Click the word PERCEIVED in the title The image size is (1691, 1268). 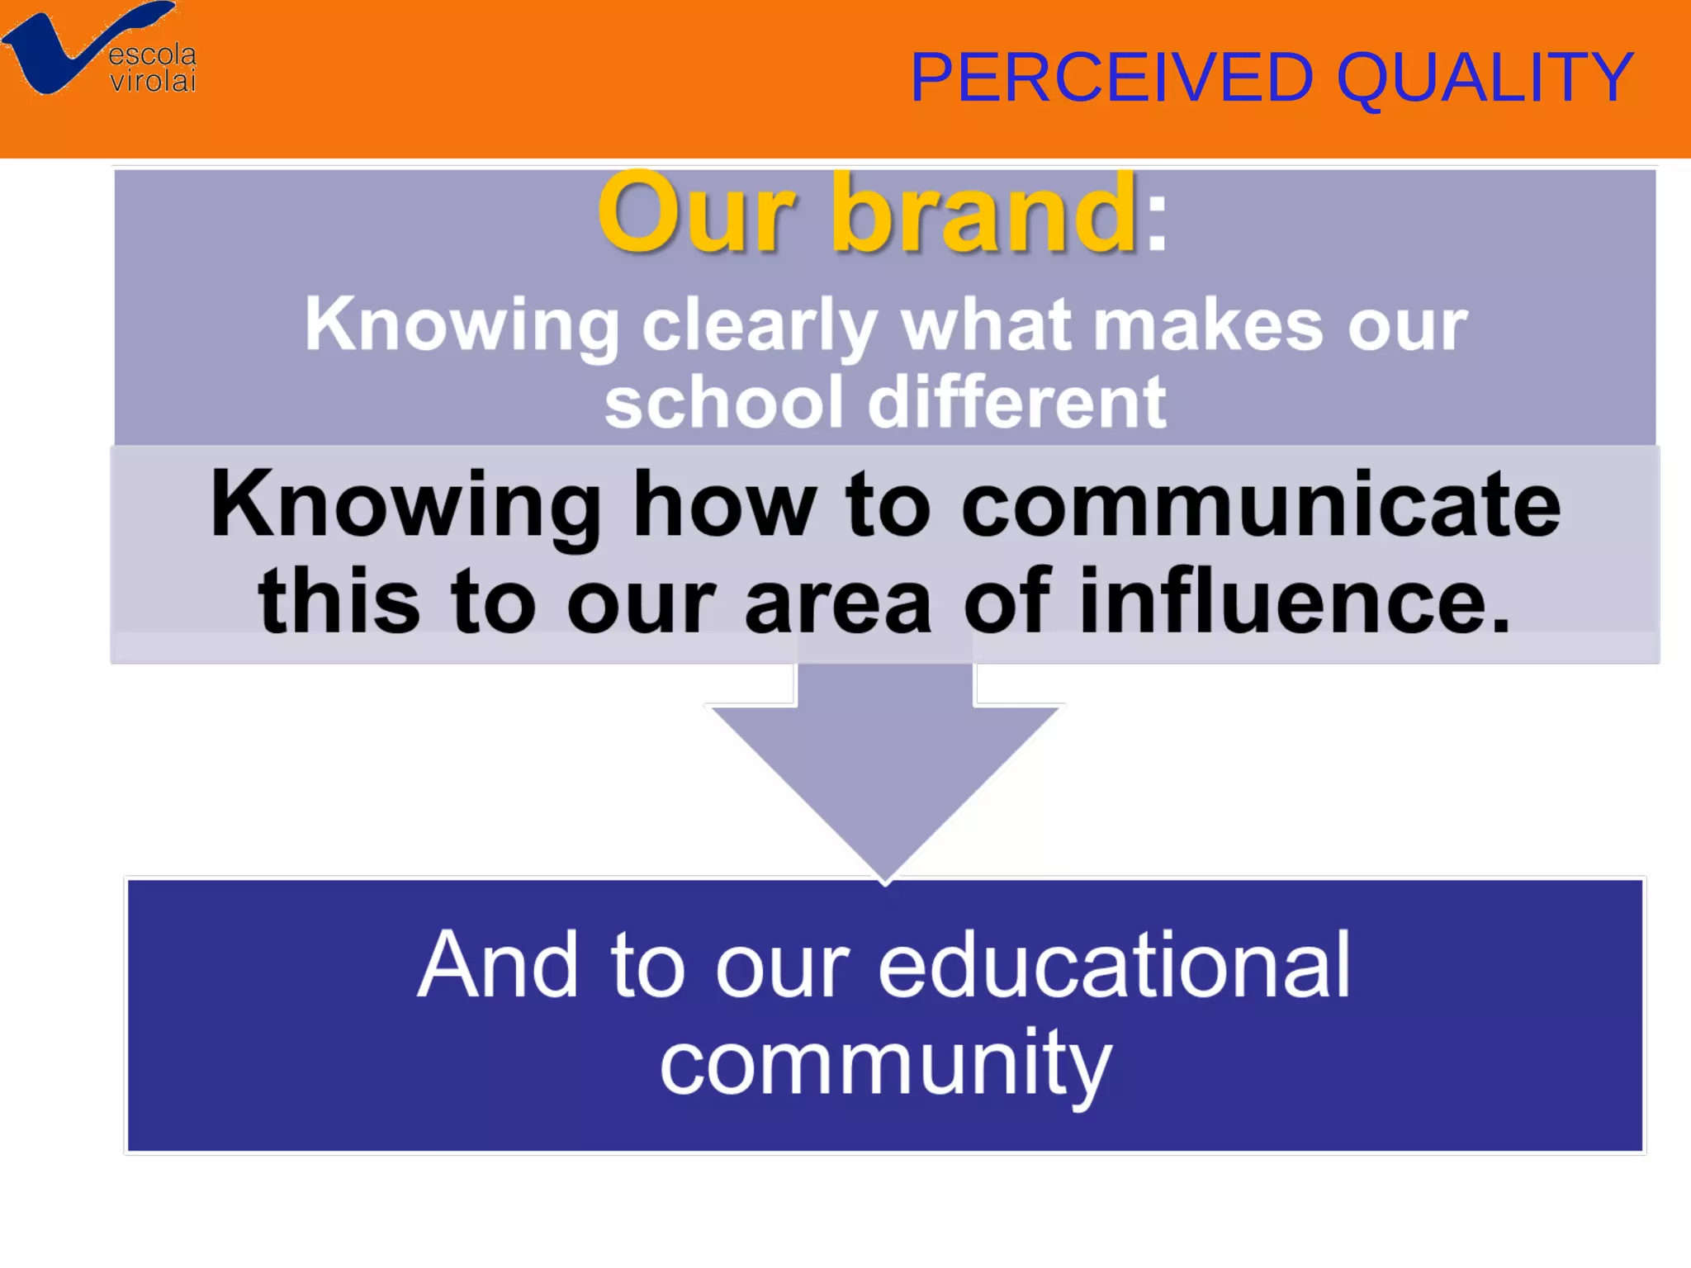[x=1111, y=78]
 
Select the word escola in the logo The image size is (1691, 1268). [x=153, y=55]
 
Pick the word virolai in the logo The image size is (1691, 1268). [x=153, y=82]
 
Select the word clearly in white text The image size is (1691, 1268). [x=759, y=326]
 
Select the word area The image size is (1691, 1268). [x=838, y=603]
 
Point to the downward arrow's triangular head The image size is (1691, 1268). [x=885, y=784]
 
